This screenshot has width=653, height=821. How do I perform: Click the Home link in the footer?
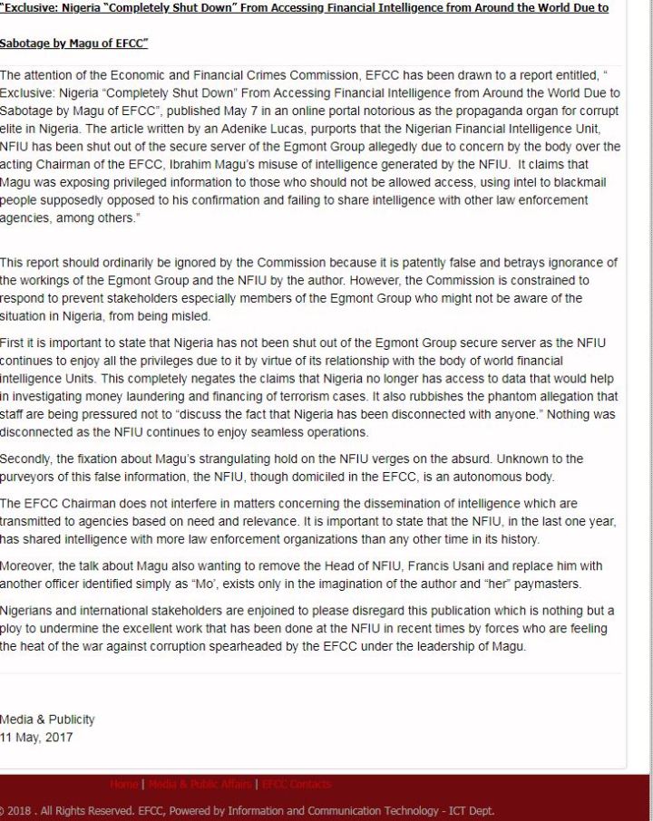tap(124, 784)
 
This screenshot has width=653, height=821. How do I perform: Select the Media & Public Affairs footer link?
tap(200, 784)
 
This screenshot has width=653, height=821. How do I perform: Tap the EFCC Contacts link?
tap(297, 784)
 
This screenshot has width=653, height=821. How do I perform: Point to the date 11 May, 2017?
tap(37, 737)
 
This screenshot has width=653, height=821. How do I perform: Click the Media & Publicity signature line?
tap(47, 720)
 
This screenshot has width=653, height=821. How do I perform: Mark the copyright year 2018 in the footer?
tap(20, 811)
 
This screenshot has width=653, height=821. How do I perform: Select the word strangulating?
tap(240, 459)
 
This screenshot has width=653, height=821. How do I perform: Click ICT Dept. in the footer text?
tap(468, 811)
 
